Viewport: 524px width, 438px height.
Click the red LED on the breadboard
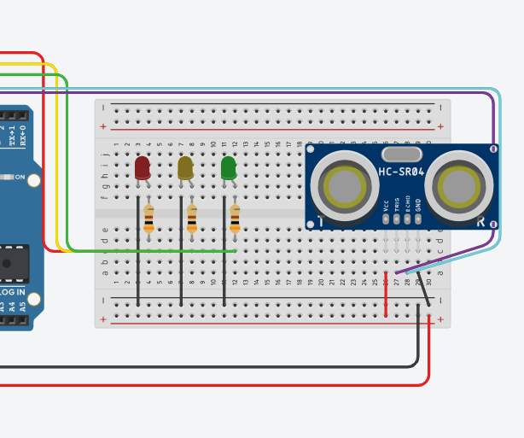tap(143, 167)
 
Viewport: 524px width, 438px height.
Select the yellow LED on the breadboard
tap(185, 167)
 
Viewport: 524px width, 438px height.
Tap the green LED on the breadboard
tap(228, 167)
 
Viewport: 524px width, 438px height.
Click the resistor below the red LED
tap(148, 217)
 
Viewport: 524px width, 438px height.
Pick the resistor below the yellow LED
tap(191, 217)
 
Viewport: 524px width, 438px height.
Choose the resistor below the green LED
tap(235, 217)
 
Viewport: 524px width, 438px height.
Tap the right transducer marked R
tap(460, 184)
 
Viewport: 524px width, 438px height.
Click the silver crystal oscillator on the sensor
tap(402, 154)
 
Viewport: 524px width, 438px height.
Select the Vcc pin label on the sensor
tap(387, 206)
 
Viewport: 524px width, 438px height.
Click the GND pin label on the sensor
tap(418, 206)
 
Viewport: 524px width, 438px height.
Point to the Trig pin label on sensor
tap(397, 206)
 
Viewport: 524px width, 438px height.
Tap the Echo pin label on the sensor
tap(408, 206)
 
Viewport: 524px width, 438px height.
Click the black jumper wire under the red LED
tap(138, 256)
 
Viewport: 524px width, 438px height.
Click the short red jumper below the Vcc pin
tap(386, 295)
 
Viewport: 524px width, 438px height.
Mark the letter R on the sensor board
tap(482, 222)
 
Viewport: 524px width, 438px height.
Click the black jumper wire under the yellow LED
tap(181, 256)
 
